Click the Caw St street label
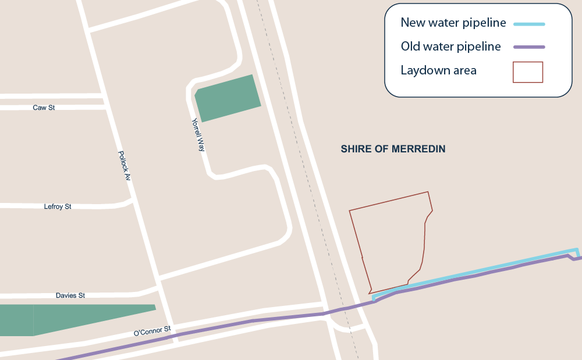pos(44,108)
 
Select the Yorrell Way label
pos(198,135)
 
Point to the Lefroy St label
pos(58,206)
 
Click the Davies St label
pos(70,295)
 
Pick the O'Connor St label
pos(152,332)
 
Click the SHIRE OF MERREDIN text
pos(393,149)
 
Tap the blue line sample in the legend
pos(528,24)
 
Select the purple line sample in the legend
pos(528,47)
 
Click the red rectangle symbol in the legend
pos(527,72)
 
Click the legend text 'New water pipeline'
pos(453,23)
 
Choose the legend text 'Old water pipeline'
pos(450,47)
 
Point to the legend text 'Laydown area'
pos(438,70)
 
